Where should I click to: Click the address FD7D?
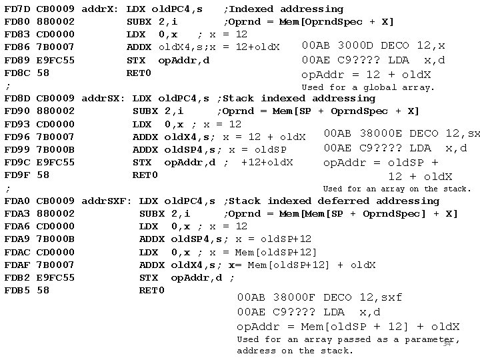pyautogui.click(x=17, y=9)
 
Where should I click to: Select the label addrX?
pyautogui.click(x=100, y=9)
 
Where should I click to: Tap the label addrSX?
pyautogui.click(x=103, y=99)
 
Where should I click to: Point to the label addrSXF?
pyautogui.click(x=106, y=201)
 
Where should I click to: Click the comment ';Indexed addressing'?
pyautogui.click(x=283, y=9)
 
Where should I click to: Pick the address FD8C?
pyautogui.click(x=17, y=73)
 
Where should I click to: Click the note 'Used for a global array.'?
pyautogui.click(x=368, y=87)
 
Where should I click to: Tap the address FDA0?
pyautogui.click(x=17, y=201)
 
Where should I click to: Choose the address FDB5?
pyautogui.click(x=17, y=290)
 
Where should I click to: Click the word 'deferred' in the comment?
pyautogui.click(x=343, y=201)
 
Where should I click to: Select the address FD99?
pyautogui.click(x=17, y=149)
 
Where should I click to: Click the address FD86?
pyautogui.click(x=17, y=47)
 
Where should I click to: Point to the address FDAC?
pyautogui.click(x=17, y=252)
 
